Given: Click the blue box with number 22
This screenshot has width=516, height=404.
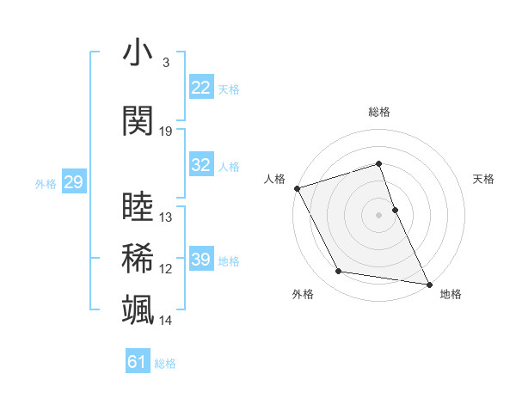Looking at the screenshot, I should (201, 88).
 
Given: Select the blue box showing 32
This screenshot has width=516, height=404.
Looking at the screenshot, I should (201, 165).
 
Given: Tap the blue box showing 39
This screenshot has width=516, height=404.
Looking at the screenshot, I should (201, 260).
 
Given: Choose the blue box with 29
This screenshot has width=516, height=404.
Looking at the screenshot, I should (73, 182).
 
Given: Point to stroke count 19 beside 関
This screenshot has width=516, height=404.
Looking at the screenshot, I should (166, 132).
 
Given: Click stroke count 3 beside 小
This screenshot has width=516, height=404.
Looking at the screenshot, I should (165, 63).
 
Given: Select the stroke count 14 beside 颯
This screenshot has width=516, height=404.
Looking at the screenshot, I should (166, 321).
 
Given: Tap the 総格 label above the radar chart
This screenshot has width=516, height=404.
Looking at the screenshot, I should (379, 112).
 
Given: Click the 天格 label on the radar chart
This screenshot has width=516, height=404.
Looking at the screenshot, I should (484, 179).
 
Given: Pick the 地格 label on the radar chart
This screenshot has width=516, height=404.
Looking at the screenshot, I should (451, 295).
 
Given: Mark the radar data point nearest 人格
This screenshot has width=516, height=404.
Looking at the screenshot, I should (297, 188).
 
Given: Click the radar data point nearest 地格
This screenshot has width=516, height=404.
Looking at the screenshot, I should (428, 284).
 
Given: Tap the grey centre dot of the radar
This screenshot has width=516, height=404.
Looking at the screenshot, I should (379, 215).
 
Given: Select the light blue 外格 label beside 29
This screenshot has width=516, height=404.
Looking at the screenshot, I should (46, 183).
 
